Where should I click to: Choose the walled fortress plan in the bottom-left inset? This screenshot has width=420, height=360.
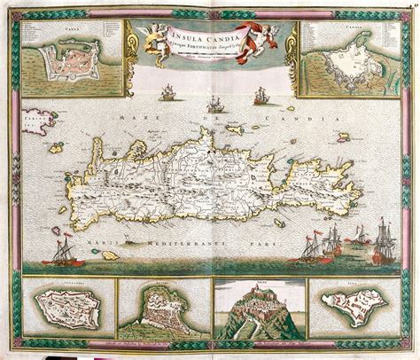coord(58,314)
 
